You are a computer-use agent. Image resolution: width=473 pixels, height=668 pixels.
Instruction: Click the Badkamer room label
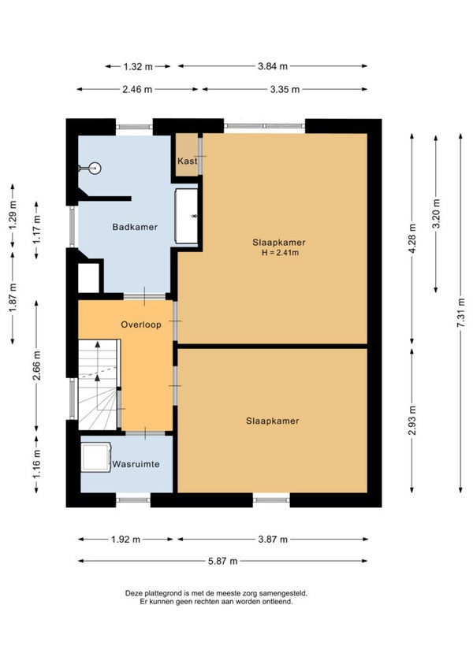(x=135, y=227)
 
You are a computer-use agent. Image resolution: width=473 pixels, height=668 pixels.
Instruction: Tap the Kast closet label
(x=188, y=161)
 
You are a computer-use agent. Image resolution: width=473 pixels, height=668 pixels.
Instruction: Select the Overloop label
(x=141, y=325)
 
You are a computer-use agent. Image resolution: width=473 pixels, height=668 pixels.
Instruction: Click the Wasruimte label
(x=136, y=464)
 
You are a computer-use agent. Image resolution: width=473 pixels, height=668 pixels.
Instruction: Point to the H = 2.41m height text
(x=280, y=253)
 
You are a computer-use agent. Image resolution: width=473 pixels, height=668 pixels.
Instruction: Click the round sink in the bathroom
(x=95, y=169)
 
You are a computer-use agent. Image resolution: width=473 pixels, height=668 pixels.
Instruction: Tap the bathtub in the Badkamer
(x=186, y=216)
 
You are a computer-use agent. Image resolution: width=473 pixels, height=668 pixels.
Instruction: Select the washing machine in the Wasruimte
(x=96, y=457)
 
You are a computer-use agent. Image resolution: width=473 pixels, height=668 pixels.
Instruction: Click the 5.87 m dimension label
(x=222, y=561)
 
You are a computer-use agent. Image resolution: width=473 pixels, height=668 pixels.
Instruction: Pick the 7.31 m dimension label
(x=460, y=313)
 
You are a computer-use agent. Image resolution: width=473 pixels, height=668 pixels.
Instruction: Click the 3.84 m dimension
(x=273, y=66)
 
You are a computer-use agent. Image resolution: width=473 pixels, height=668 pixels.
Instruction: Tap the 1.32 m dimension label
(x=138, y=66)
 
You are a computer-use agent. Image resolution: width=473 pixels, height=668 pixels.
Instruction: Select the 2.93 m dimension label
(x=412, y=421)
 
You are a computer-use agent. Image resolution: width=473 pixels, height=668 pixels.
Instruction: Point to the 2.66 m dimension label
(x=37, y=366)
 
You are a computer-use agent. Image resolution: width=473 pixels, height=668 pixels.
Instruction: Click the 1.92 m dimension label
(x=126, y=540)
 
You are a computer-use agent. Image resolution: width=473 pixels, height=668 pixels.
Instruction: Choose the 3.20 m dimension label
(x=436, y=213)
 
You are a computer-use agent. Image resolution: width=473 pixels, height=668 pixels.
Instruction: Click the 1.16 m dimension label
(x=37, y=464)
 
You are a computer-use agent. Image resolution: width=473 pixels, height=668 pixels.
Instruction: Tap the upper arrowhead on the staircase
(x=98, y=344)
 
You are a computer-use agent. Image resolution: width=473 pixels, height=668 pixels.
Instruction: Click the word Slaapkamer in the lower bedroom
(x=273, y=421)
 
